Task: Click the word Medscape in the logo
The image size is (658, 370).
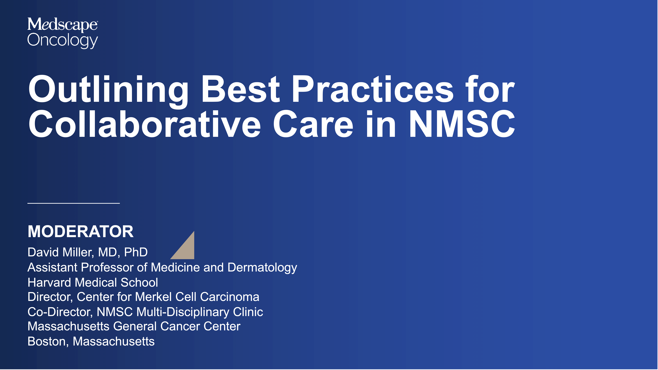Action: pyautogui.click(x=62, y=25)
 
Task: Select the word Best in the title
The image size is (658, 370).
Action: pyautogui.click(x=241, y=89)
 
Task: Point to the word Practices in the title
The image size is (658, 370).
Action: pyautogui.click(x=373, y=89)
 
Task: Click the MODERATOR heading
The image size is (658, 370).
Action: pyautogui.click(x=80, y=232)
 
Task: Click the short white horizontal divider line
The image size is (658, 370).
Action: pyautogui.click(x=74, y=203)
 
